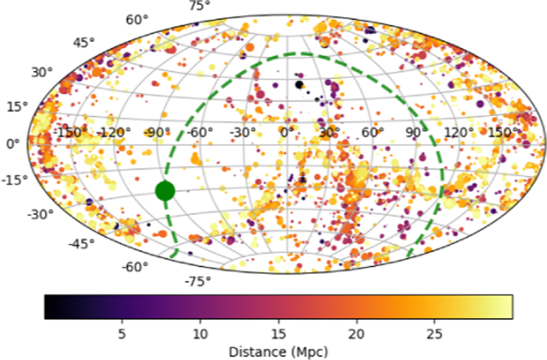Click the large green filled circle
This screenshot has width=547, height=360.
point(165,191)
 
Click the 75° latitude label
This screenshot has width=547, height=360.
point(200,5)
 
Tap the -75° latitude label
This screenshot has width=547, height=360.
point(198,282)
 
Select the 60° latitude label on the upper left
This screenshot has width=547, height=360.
point(137,20)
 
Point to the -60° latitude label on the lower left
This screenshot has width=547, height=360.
point(135,267)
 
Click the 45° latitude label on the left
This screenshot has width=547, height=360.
point(83,43)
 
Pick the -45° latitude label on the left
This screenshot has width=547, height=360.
point(81,243)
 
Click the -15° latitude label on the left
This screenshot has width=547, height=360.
point(15,180)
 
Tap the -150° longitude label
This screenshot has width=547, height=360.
point(70,133)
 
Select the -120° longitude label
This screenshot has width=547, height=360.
point(114,133)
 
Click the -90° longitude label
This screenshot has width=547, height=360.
point(157,133)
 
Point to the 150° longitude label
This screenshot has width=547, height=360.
point(503,133)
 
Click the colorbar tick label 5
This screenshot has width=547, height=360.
point(122,334)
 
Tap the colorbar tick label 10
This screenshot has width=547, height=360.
point(200,334)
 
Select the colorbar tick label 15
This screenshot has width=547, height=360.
point(279,334)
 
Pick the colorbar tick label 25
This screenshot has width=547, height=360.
point(434,334)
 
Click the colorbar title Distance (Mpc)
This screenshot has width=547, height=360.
point(279,352)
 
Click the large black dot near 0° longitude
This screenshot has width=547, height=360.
point(299,85)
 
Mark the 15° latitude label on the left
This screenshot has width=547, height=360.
point(17,107)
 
